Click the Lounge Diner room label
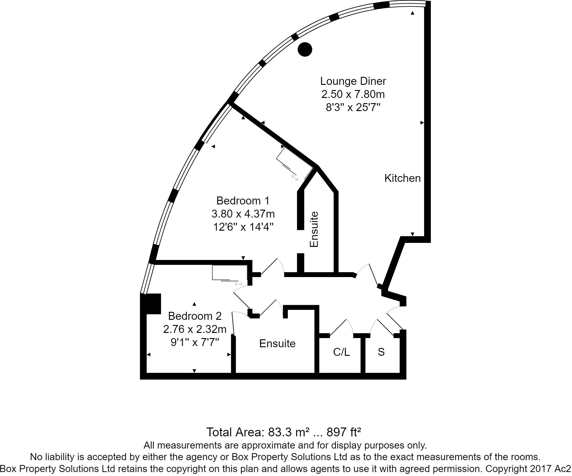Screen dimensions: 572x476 [x=353, y=81]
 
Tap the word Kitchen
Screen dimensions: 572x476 [x=402, y=178]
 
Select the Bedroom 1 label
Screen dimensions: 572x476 [x=243, y=201]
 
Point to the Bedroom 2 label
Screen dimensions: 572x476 [x=195, y=316]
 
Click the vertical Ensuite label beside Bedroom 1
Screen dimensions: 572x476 [x=314, y=229]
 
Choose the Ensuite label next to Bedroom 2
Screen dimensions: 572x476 [x=277, y=344]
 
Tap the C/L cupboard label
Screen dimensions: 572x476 [x=341, y=352]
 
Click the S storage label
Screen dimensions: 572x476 [x=381, y=352]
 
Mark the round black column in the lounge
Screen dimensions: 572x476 [x=305, y=49]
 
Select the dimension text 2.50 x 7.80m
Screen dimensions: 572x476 [x=353, y=95]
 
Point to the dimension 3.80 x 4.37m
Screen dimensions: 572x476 [x=243, y=214]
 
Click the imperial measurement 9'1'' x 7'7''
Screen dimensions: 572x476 [x=195, y=342]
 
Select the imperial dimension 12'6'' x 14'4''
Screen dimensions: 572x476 [x=243, y=227]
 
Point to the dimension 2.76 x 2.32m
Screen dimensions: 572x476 [x=195, y=329]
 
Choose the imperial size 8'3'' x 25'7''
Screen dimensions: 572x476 [x=353, y=108]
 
